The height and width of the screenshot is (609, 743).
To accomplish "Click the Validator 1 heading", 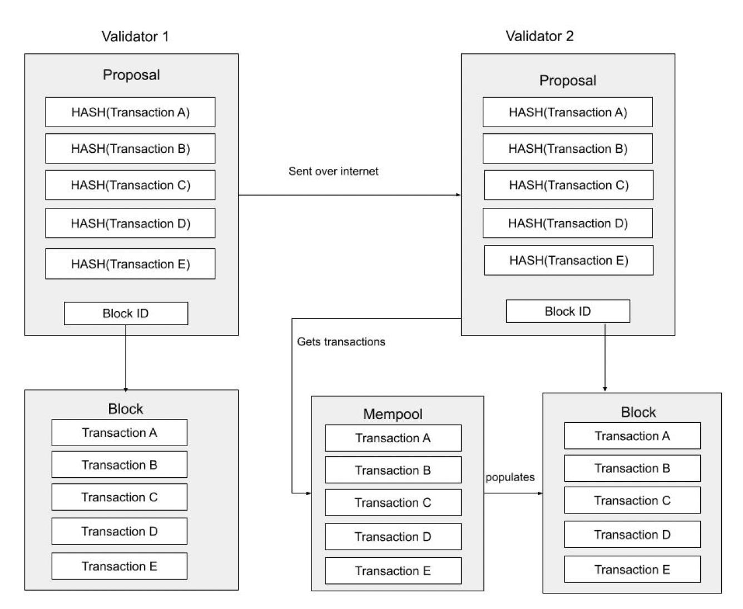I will click(x=135, y=37).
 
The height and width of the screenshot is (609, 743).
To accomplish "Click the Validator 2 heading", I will click(x=539, y=36).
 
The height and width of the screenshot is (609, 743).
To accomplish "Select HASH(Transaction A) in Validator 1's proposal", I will click(x=130, y=112).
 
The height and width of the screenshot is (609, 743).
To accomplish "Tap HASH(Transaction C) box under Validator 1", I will click(x=130, y=185).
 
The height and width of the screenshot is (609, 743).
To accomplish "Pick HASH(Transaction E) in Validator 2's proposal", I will click(x=568, y=261).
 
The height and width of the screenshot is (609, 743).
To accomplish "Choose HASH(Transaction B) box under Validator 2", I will click(x=567, y=149).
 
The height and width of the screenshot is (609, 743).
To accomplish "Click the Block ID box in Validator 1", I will click(x=126, y=313).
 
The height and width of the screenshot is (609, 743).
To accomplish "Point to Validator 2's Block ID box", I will click(x=567, y=311).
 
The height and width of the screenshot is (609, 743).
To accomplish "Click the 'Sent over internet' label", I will click(x=333, y=171).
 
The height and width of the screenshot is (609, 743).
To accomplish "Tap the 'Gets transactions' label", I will click(x=341, y=342).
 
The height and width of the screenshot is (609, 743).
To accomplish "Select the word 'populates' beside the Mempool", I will click(x=510, y=477).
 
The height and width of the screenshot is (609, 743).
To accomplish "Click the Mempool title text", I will click(x=393, y=414).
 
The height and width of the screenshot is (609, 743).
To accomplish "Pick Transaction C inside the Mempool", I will click(x=393, y=503).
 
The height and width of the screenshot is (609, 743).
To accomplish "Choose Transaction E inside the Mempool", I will click(x=393, y=571).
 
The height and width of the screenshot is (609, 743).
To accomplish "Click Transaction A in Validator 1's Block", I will click(x=119, y=433).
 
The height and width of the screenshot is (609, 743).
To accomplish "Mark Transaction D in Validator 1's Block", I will click(x=119, y=532).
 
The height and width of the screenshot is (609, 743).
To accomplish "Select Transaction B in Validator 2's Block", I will click(x=632, y=468).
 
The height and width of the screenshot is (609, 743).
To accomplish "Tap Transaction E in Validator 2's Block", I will click(x=632, y=570).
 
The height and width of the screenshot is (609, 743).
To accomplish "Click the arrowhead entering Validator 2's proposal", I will click(x=458, y=195).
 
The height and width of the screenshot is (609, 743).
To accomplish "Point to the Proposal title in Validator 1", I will click(x=131, y=75).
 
